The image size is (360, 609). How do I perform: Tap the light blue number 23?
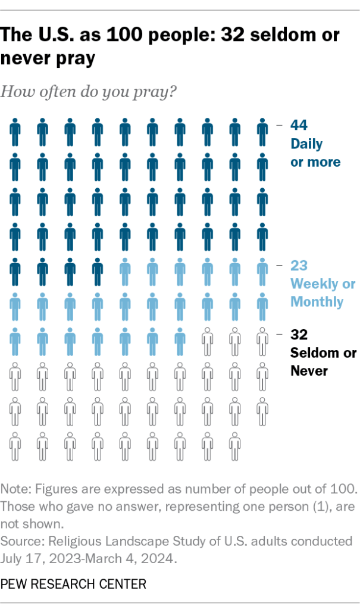tap(299, 266)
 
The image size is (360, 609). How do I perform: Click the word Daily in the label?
tap(306, 144)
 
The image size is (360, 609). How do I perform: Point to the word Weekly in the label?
tap(313, 284)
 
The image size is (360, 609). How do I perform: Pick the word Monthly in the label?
tap(317, 302)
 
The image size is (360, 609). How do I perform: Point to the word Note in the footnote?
tap(14, 489)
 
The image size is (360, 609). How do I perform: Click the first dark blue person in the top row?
tap(15, 131)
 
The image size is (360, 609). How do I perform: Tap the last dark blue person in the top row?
tap(262, 131)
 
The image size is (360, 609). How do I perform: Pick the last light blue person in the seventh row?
tap(180, 341)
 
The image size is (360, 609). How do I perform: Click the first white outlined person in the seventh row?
tap(207, 341)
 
